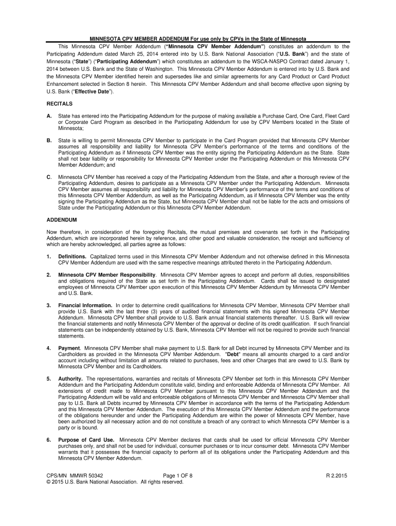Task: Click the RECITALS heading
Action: (58, 103)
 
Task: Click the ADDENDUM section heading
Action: (61, 220)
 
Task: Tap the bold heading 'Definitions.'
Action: (73, 256)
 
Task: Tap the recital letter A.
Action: (49, 116)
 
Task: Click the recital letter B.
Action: (49, 140)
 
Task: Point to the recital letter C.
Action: (49, 177)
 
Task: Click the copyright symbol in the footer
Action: (48, 482)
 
